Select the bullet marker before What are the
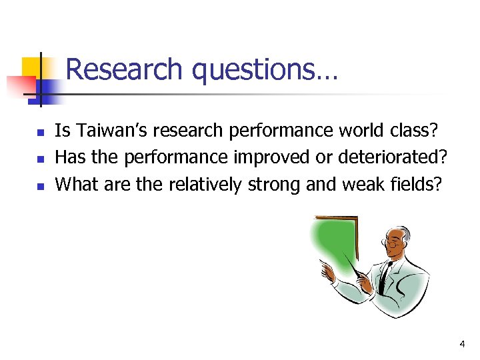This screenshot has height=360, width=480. click(39, 186)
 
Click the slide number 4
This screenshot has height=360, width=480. click(461, 344)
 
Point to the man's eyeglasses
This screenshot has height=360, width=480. click(394, 245)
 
